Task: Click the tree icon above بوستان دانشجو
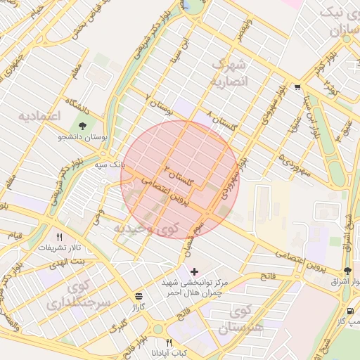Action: tap(84, 126)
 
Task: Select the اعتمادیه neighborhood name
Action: tap(39, 114)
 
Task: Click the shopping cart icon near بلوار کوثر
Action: tap(297, 88)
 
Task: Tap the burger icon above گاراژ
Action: tap(138, 297)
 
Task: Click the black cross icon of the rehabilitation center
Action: tap(194, 271)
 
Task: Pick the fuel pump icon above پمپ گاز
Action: tap(350, 310)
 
